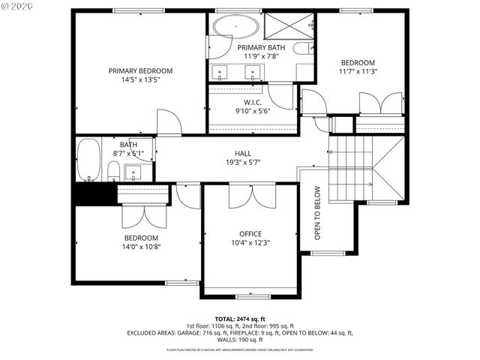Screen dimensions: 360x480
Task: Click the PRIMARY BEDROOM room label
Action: (140, 70)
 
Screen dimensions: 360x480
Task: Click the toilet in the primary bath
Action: (301, 49)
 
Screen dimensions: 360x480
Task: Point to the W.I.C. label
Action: (252, 102)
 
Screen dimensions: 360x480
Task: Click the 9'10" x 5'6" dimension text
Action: (252, 112)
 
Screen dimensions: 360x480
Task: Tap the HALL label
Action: (242, 153)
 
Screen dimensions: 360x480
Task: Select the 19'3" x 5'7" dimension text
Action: (242, 163)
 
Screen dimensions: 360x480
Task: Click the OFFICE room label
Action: (250, 233)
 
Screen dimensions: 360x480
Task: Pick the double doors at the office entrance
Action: (251, 196)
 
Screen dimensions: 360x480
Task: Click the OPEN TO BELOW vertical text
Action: (317, 212)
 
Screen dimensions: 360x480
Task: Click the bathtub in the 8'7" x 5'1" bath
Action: (88, 160)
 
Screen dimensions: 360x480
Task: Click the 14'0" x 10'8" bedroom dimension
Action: (142, 247)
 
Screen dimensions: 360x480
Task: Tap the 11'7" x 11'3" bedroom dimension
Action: (358, 73)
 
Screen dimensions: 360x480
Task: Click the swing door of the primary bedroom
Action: (169, 122)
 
